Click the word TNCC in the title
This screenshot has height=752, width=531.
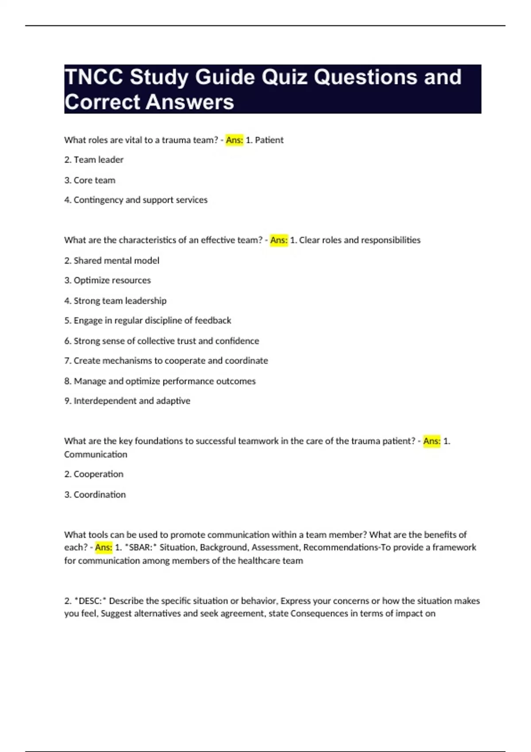coord(94,77)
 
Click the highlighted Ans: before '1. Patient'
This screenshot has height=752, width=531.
coord(235,140)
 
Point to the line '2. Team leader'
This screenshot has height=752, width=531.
coord(94,160)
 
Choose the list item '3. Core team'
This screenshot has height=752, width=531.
coord(90,180)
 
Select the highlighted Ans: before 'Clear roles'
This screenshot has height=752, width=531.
coord(279,240)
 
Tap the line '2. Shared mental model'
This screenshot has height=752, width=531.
coord(112,261)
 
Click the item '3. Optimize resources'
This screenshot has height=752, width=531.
coord(108,280)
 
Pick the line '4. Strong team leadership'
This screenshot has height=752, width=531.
coord(115,301)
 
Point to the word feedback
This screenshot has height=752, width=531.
coord(213,320)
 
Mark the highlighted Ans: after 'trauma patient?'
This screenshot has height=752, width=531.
coord(432,441)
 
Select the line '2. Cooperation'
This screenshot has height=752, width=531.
coord(94,474)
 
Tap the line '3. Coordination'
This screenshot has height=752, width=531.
coord(95,495)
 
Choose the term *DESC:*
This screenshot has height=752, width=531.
coord(90,601)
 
